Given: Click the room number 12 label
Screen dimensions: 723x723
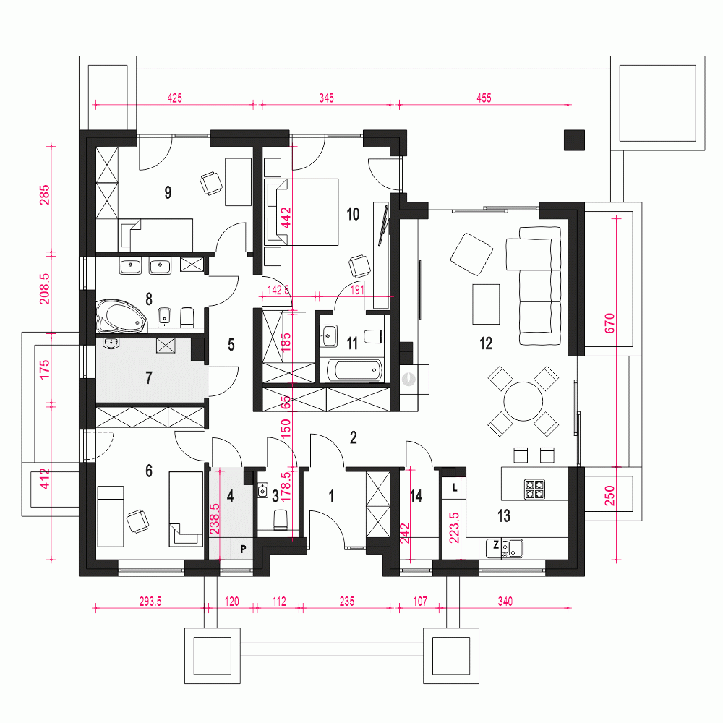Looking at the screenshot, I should [485, 343].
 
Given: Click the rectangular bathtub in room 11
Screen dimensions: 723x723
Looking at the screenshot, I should [354, 371].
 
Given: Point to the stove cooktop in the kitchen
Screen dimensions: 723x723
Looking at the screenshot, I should [534, 489].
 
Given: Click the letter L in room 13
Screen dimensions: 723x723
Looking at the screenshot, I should [454, 488].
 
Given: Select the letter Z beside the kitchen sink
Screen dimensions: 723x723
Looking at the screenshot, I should [496, 545].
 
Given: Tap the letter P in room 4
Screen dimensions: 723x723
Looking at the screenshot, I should [243, 549].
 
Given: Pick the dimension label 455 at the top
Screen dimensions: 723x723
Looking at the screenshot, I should [483, 98].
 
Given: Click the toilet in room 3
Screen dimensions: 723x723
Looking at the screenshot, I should [281, 519].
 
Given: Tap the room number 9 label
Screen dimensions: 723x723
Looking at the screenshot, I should [168, 192].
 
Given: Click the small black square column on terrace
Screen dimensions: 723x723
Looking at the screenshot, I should [574, 140].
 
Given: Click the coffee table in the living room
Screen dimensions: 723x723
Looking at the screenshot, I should [485, 304].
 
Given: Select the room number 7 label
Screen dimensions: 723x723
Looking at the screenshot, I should [149, 377].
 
